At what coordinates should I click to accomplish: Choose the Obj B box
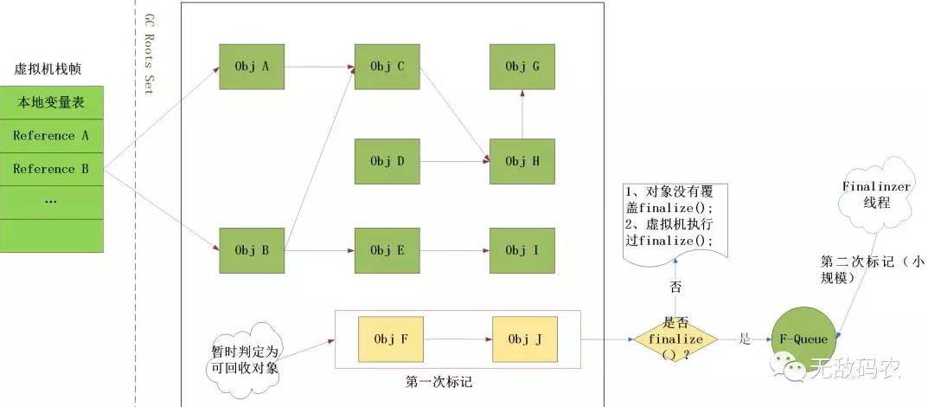point(253,250)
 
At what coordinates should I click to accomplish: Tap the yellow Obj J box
point(525,339)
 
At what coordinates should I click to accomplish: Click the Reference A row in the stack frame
point(51,136)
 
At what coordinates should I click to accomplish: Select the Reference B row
point(51,169)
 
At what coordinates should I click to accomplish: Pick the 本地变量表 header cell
point(51,103)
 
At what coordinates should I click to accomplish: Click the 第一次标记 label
point(438,381)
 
